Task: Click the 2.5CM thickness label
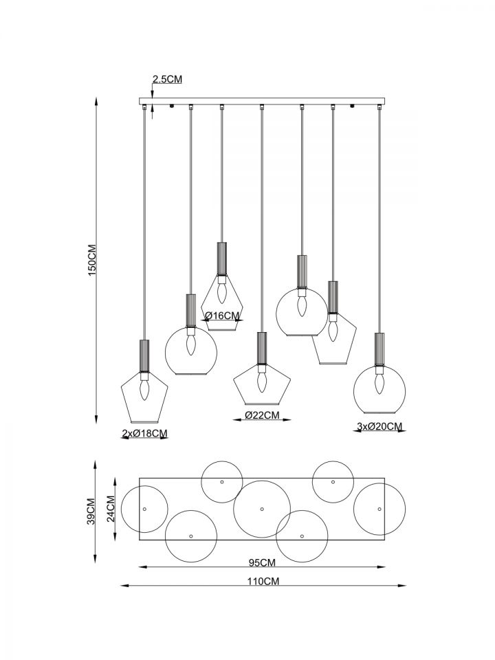[x=167, y=80]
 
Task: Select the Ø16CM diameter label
[x=223, y=316]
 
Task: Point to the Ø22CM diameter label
[x=262, y=415]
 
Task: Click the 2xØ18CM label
[x=144, y=433]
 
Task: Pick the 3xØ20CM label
[x=379, y=427]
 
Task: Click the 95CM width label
[x=262, y=562]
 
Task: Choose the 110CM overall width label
[x=262, y=582]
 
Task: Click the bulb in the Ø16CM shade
[x=222, y=293]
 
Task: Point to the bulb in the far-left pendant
[x=144, y=390]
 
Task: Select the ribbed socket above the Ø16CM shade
[x=222, y=258]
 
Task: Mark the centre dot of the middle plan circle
[x=262, y=509]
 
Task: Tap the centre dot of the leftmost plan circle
[x=144, y=509]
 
